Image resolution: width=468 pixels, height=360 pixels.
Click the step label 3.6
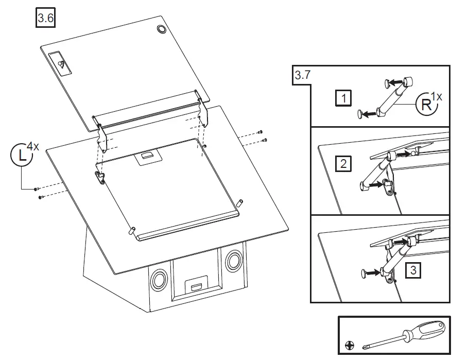point(45,19)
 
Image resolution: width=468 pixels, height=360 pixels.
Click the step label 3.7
point(302,75)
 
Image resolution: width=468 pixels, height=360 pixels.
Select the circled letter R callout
point(427,105)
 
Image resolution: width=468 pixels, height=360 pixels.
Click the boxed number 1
point(343,97)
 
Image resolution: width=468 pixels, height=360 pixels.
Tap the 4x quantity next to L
point(33,147)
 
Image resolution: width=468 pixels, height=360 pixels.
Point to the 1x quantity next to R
point(437,95)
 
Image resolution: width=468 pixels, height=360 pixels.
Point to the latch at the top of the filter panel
point(147,157)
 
